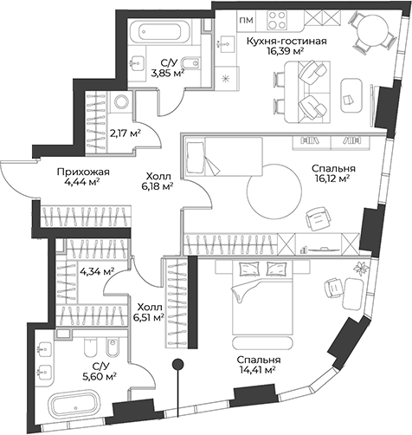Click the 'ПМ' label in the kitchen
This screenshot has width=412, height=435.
coord(246,20)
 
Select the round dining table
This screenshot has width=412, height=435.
coord(372,30)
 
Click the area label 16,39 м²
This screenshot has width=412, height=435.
coord(286,51)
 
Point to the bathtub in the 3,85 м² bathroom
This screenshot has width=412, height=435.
coord(164,30)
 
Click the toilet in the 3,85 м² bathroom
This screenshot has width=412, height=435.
coord(190,62)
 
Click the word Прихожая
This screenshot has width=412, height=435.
coord(83,172)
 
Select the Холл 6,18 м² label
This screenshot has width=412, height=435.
coord(159,181)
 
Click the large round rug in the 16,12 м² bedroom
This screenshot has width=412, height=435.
coord(274,192)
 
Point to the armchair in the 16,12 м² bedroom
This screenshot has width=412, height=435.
coord(318,218)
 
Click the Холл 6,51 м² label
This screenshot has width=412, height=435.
coord(149,312)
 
